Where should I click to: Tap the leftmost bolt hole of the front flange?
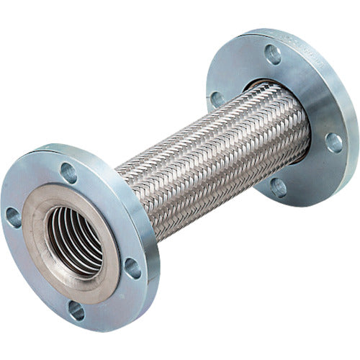[x=13, y=217]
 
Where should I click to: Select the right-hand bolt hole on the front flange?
[x=132, y=268]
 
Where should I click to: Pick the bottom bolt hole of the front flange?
[x=76, y=310]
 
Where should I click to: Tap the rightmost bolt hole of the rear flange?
[x=333, y=143]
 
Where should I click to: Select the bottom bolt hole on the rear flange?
[x=277, y=187]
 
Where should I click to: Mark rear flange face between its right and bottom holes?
[x=313, y=173]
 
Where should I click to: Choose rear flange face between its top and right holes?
[x=313, y=86]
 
